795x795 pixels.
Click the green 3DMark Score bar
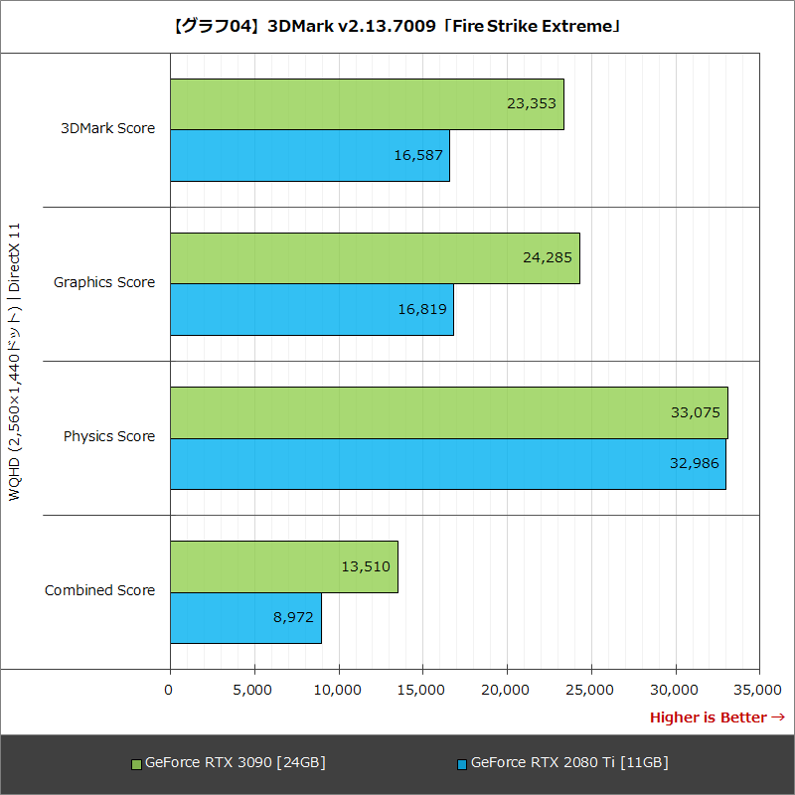pos(367,104)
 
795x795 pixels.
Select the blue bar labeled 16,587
pos(309,156)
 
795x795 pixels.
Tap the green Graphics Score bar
pos(375,258)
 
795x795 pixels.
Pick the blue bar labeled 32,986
pos(447,464)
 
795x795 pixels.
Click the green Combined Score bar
pos(283,566)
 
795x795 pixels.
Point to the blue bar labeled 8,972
pos(245,618)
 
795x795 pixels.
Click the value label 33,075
pos(696,412)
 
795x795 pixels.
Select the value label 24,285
pos(548,257)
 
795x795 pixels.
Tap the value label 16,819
pos(421,309)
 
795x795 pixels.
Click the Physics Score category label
pos(109,436)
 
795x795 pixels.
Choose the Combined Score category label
pos(99,590)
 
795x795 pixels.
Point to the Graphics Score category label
pos(104,282)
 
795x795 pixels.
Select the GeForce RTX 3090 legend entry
pos(235,763)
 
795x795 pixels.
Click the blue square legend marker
pos(462,764)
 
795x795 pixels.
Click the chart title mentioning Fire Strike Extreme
pos(397,26)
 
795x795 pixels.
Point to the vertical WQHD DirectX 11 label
pos(15,363)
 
